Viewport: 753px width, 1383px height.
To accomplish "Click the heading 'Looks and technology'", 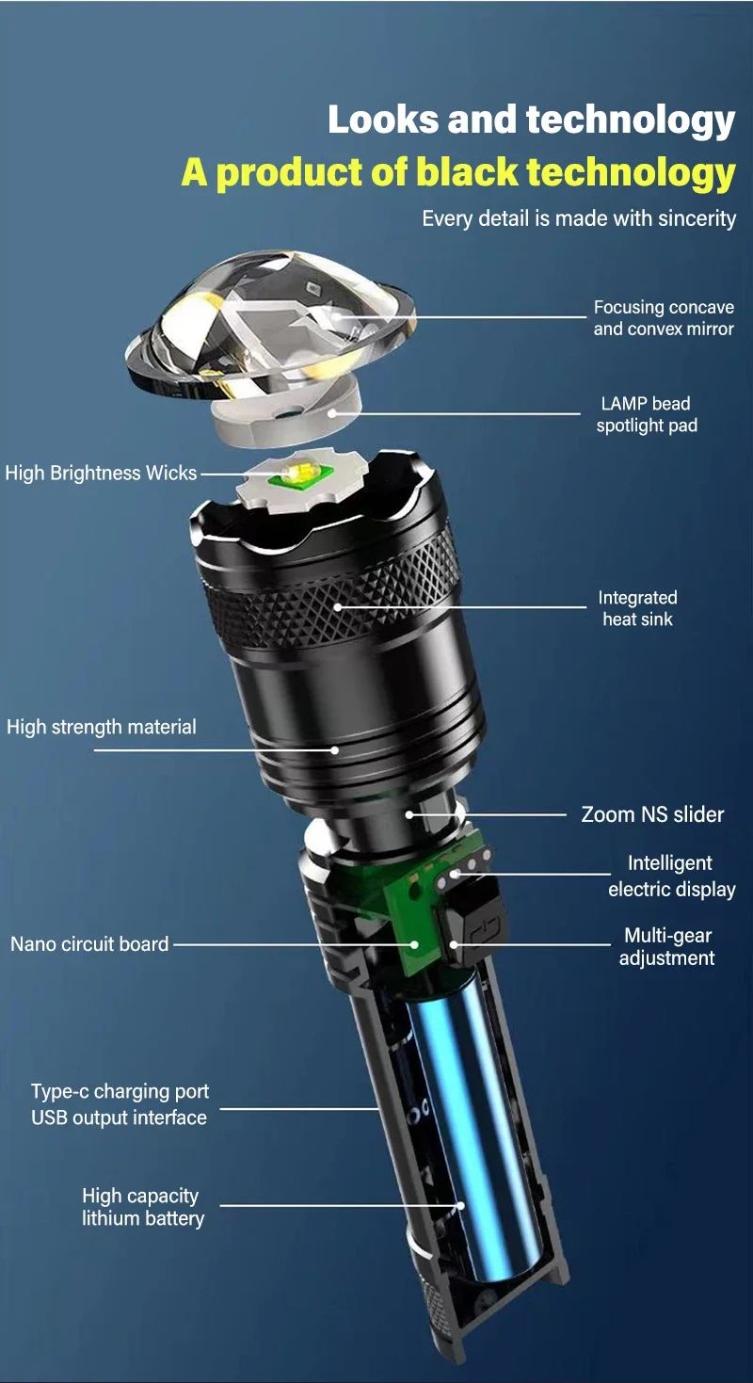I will (x=531, y=121).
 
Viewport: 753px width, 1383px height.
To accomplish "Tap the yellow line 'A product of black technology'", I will (x=457, y=172).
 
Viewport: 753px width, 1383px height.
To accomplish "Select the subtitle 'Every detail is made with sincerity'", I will (x=578, y=218).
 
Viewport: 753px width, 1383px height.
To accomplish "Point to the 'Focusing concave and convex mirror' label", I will (x=663, y=318).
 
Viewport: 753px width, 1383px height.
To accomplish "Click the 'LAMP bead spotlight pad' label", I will (x=646, y=414).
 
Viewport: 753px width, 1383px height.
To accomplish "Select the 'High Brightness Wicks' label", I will (x=101, y=473).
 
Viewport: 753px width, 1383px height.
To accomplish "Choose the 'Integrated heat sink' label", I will (x=637, y=608).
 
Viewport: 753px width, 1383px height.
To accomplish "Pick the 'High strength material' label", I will (x=101, y=727).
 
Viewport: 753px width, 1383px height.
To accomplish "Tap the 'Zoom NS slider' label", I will (x=652, y=814).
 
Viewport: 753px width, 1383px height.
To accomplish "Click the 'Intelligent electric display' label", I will (x=671, y=876).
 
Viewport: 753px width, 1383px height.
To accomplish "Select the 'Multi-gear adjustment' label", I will (x=666, y=947).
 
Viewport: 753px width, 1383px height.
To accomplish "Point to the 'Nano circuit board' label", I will (x=89, y=943).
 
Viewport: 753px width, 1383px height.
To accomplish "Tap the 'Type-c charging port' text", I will (x=120, y=1092).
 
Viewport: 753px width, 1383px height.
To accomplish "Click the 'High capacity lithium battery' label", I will (x=142, y=1207).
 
